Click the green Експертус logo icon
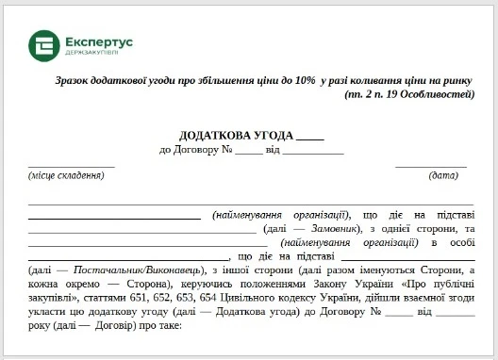[x=43, y=44]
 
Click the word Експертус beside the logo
[x=100, y=40]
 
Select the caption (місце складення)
[x=65, y=175]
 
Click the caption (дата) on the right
[x=443, y=175]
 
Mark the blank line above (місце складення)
[x=71, y=166]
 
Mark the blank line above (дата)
[x=430, y=166]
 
